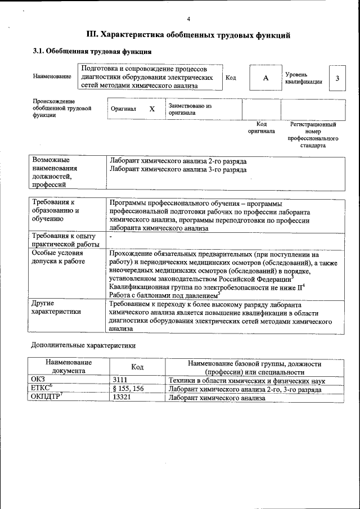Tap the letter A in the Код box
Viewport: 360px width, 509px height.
point(265,78)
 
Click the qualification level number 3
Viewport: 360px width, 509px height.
point(337,78)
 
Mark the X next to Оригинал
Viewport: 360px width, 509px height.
point(151,109)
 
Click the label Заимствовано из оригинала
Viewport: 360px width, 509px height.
point(190,109)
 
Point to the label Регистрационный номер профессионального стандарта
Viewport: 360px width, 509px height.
point(313,134)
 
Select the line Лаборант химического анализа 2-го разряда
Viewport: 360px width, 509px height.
point(178,161)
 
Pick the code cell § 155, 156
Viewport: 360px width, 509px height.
point(128,389)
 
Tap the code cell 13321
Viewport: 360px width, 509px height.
point(121,398)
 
